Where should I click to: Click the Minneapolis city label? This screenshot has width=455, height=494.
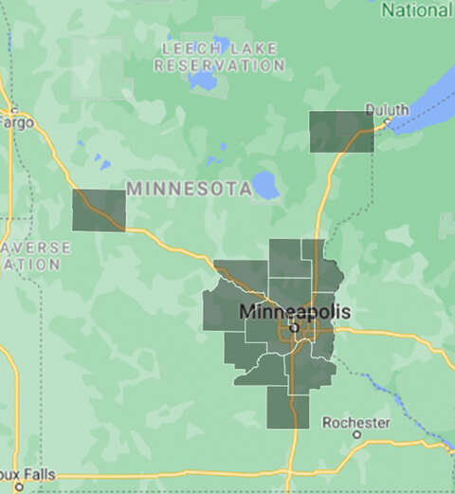295,312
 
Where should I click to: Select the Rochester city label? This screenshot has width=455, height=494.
355,421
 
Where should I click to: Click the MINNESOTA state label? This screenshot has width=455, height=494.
189,189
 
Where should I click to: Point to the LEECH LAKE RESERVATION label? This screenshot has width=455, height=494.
220,57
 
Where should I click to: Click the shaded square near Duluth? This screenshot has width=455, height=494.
341,132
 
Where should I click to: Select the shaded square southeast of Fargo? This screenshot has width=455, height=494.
100,210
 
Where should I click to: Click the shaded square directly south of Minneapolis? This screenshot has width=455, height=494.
287,408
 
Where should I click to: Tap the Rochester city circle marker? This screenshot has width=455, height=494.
356,435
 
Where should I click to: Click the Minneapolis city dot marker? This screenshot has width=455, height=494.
294,327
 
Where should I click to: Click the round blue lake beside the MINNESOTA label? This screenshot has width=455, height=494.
266,186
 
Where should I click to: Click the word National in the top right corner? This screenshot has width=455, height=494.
416,9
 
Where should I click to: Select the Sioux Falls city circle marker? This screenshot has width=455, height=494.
18,486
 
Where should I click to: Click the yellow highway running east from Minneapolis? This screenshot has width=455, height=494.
398,336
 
